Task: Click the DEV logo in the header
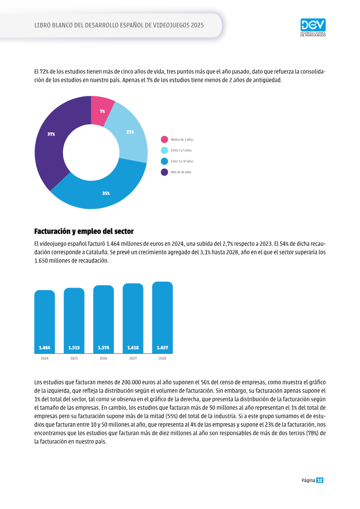(313, 27)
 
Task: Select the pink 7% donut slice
(102, 110)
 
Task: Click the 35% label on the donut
(106, 193)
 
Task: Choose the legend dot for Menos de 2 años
(164, 140)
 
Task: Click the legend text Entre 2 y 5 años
(181, 150)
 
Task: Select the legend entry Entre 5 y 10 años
(177, 161)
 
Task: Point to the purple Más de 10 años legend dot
(164, 172)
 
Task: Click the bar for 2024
(45, 321)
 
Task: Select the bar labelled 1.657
(162, 317)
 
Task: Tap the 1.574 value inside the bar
(103, 348)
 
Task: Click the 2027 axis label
(133, 358)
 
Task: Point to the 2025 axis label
(74, 358)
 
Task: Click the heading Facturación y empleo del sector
(84, 231)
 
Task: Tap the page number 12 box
(320, 480)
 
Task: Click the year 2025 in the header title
(198, 25)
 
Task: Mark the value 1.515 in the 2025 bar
(74, 348)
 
